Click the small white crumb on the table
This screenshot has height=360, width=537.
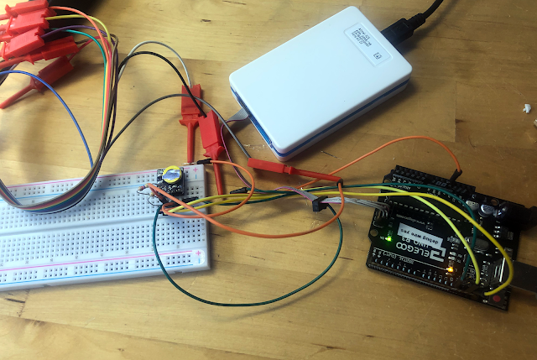coord(526,108)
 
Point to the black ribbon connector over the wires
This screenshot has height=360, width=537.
coord(318,204)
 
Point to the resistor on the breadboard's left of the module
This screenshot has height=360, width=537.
coord(144,193)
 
